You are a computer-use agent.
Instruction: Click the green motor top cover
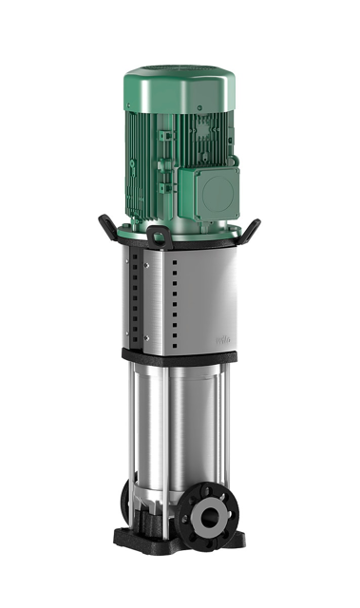click(x=180, y=81)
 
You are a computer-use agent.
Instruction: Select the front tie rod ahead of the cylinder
click(x=174, y=437)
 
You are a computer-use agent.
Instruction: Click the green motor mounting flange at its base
click(x=190, y=225)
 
